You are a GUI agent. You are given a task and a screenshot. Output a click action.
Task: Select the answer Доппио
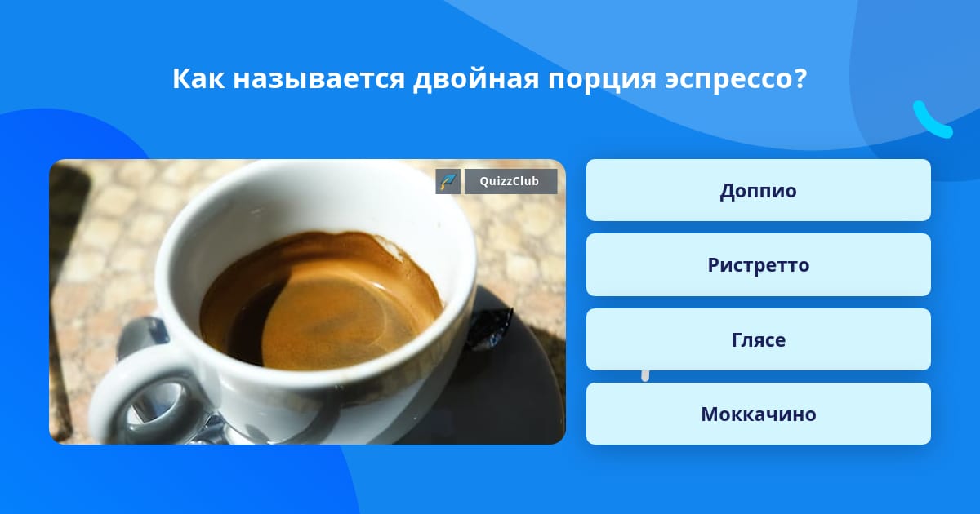758,190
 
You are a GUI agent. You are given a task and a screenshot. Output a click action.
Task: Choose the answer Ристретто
758,265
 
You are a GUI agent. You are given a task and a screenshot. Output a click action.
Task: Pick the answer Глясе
758,339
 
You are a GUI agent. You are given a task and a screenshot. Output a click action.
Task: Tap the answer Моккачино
758,414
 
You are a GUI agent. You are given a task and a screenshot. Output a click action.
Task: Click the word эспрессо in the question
728,80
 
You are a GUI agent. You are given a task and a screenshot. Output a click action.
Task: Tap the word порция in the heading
602,81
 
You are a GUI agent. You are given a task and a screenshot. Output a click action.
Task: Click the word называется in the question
319,79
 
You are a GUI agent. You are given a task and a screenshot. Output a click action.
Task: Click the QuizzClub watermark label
510,181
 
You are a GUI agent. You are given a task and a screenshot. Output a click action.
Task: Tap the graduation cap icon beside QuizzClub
448,181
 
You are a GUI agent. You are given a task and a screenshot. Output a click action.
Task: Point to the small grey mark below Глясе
645,375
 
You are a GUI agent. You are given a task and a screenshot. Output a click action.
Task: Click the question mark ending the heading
800,78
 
